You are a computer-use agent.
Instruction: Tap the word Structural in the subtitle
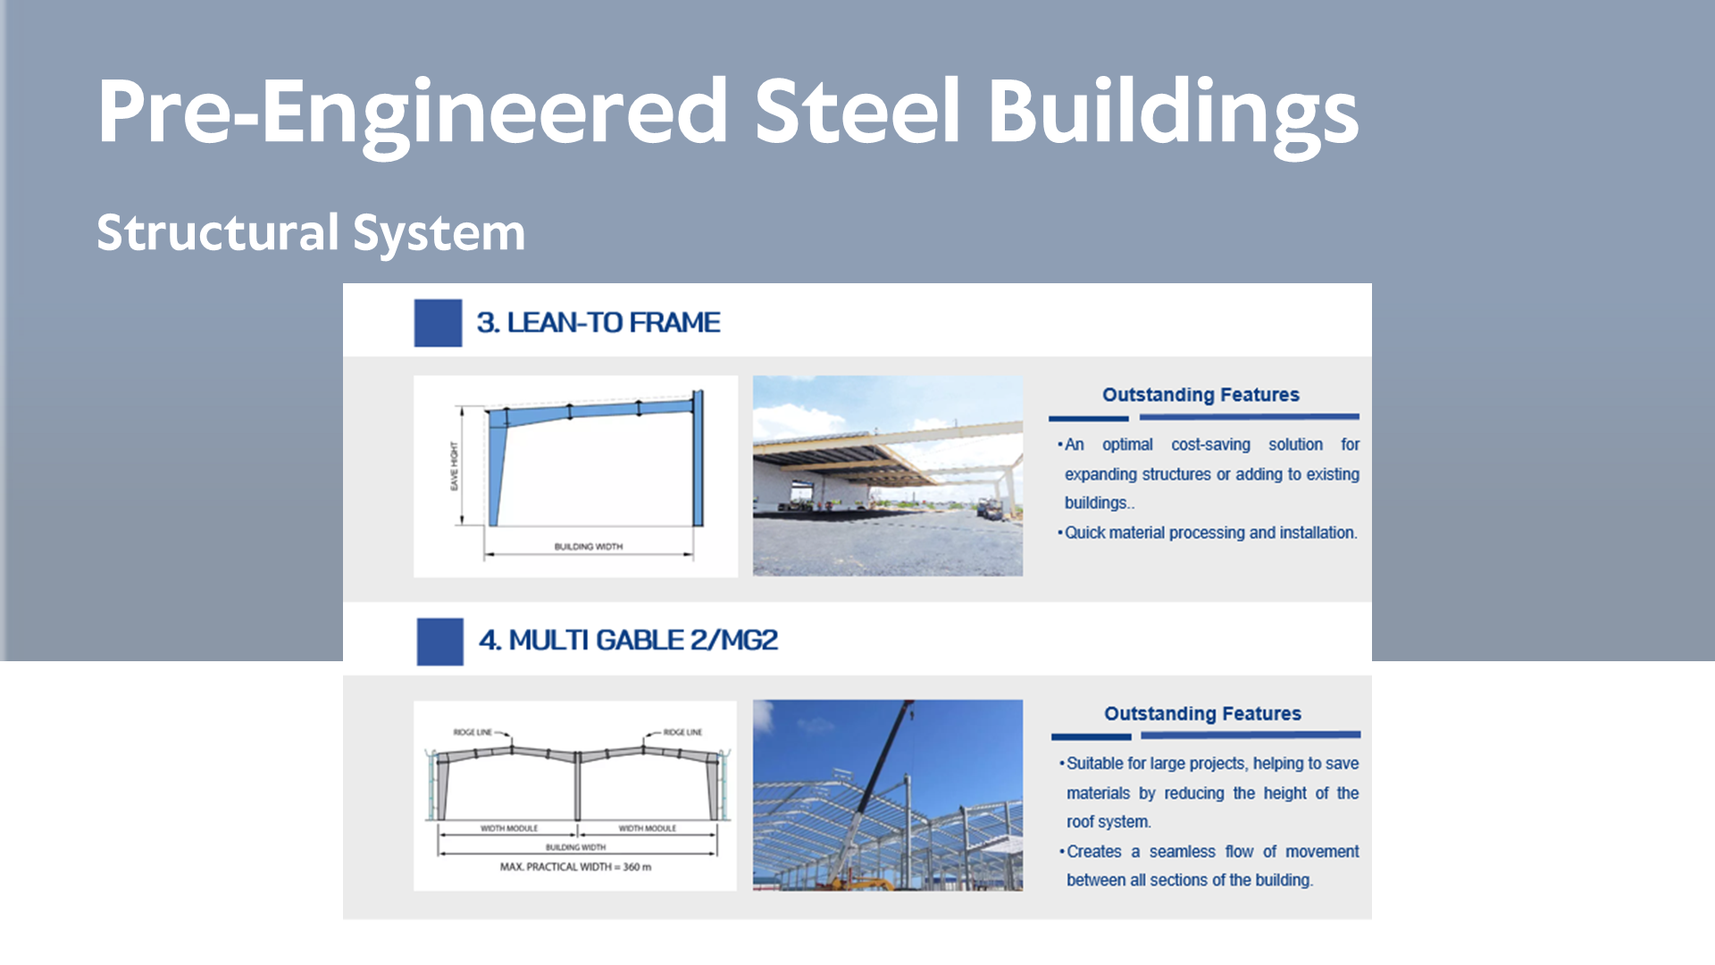pos(218,232)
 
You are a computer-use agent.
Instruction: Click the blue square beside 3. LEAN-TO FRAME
pos(438,323)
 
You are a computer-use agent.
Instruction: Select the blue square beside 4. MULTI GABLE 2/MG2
pos(439,642)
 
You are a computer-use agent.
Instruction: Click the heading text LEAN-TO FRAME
pos(614,323)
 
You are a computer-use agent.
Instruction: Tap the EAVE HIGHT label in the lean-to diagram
pos(454,466)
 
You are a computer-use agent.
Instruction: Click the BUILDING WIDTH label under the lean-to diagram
pos(589,547)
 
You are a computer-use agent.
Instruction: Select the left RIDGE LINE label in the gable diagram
pos(473,732)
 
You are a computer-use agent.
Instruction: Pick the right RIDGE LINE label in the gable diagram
pos(682,732)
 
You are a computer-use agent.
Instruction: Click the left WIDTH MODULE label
pos(509,828)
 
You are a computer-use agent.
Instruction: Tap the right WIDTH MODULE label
pos(648,828)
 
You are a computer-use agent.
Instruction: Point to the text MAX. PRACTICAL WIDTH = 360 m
pos(575,867)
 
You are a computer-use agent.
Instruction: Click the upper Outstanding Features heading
pos(1200,395)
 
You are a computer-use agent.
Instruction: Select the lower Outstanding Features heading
pos(1202,714)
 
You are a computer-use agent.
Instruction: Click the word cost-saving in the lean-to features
pos(1210,445)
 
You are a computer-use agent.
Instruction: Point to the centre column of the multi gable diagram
pos(578,787)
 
